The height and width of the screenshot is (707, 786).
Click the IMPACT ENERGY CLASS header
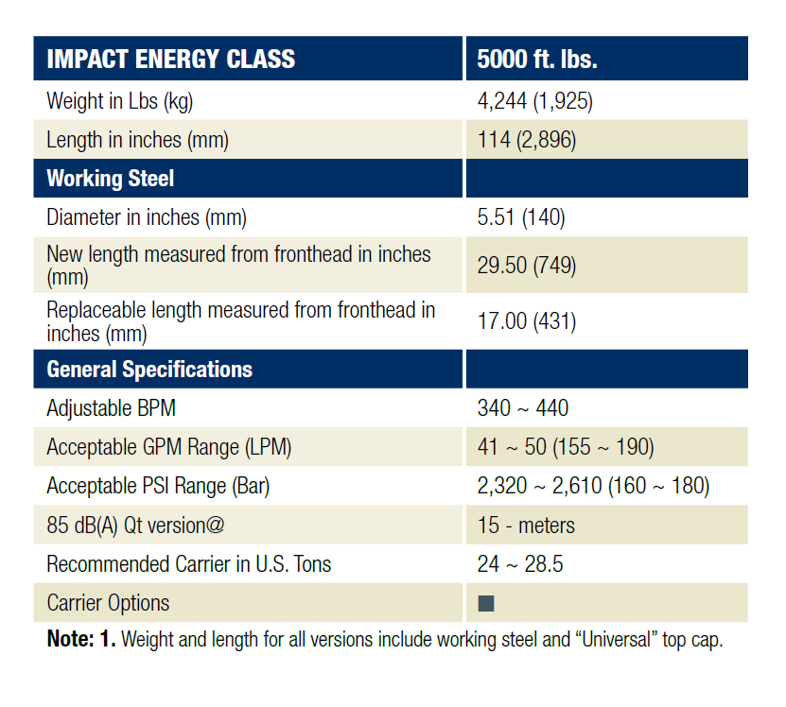(x=170, y=60)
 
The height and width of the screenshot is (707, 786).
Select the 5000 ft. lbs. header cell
(x=536, y=60)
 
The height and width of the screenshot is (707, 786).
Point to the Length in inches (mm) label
(x=137, y=140)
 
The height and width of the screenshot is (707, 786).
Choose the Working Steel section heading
(x=110, y=179)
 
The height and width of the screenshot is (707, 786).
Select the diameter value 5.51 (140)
(x=521, y=217)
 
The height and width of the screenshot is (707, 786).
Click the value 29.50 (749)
(x=526, y=266)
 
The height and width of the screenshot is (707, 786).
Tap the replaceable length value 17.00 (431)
(x=526, y=321)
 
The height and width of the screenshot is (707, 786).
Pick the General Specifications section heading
(x=149, y=369)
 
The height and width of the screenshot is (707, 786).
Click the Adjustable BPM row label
(x=111, y=408)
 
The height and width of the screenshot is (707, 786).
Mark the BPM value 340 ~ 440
(x=523, y=408)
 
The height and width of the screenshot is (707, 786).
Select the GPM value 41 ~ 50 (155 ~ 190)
(x=566, y=447)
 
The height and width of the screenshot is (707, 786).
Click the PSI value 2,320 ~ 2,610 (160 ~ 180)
(x=593, y=486)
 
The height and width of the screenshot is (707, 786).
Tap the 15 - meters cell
(x=526, y=525)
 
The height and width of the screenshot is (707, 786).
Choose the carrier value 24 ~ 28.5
(x=520, y=564)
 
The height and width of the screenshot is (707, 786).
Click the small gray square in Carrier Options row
(x=486, y=603)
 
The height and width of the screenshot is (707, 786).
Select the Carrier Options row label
(x=108, y=603)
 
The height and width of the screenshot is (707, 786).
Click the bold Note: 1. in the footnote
(x=80, y=640)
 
